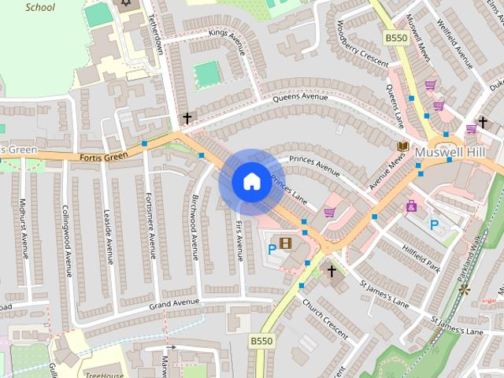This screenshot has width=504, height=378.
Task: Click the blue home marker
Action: pyautogui.click(x=251, y=182)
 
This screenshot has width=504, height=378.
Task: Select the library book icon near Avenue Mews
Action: pyautogui.click(x=402, y=146)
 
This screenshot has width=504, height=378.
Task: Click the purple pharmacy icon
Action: pyautogui.click(x=411, y=206)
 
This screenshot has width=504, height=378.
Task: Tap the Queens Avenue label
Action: pyautogui.click(x=299, y=98)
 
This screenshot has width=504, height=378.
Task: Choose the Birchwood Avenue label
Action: pyautogui.click(x=195, y=228)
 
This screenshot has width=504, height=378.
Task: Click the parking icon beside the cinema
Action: pyautogui.click(x=272, y=249)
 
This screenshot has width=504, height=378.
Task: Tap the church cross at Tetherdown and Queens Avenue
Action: pyautogui.click(x=187, y=119)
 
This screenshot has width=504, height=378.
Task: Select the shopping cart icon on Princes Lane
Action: pyautogui.click(x=329, y=212)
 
